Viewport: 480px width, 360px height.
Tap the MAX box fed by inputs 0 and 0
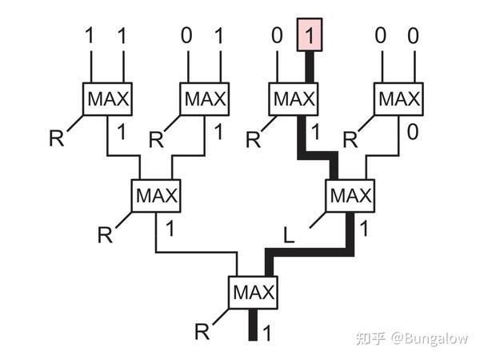(397, 99)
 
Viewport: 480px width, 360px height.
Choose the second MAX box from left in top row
(205, 99)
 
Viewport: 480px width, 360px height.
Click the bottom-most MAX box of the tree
(253, 292)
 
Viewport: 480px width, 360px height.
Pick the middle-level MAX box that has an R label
(156, 194)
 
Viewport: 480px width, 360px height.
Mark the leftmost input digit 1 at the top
(90, 36)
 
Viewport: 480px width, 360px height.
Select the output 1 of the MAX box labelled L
(364, 228)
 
